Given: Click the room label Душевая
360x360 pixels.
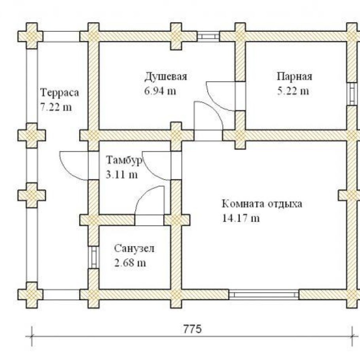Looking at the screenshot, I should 165,76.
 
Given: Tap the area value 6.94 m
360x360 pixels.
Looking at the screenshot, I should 161,91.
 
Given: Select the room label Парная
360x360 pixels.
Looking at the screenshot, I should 294,76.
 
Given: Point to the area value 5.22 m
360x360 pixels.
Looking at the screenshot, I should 293,91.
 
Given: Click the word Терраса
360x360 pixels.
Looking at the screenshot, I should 60,93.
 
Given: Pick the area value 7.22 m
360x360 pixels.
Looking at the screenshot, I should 56,107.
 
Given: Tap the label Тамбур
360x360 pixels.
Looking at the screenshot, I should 124,160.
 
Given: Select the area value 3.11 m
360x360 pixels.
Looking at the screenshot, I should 122,174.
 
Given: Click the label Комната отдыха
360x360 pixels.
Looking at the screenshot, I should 262,204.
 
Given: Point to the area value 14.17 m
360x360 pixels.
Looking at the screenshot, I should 241,218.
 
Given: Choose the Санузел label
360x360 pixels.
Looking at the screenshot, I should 135,248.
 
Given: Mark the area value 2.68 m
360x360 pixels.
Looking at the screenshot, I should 130,263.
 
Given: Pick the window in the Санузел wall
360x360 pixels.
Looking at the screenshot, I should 93,257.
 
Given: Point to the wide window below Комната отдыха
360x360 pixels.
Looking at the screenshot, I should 264,295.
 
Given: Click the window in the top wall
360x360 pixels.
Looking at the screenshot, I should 208,36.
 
